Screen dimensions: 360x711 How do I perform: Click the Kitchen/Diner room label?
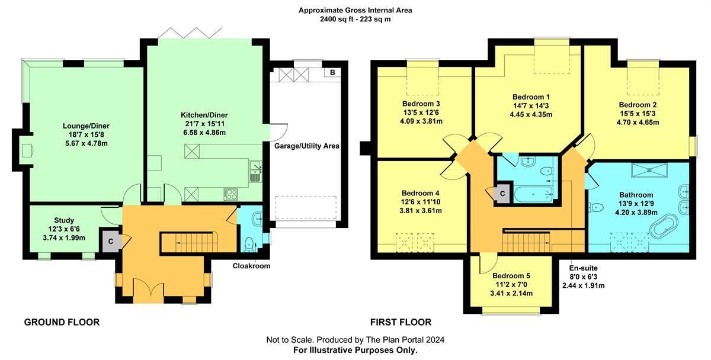pyautogui.click(x=204, y=115)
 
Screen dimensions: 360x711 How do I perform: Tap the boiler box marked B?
pyautogui.click(x=332, y=73)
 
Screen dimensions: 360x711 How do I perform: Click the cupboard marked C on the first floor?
pyautogui.click(x=502, y=193)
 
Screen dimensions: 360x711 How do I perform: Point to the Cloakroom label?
pyautogui.click(x=251, y=266)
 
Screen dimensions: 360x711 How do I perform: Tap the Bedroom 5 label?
pyautogui.click(x=511, y=276)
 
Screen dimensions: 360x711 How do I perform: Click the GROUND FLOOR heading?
pyautogui.click(x=61, y=322)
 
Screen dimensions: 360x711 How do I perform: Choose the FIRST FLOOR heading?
pyautogui.click(x=401, y=322)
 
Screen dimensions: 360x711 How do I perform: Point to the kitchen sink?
pyautogui.click(x=255, y=172)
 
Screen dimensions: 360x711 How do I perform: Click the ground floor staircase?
pyautogui.click(x=189, y=241)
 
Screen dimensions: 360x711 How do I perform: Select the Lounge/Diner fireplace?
pyautogui.click(x=27, y=152)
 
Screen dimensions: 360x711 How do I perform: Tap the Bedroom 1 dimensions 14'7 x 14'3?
pyautogui.click(x=531, y=106)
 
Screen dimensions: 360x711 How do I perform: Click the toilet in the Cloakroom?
pyautogui.click(x=250, y=242)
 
